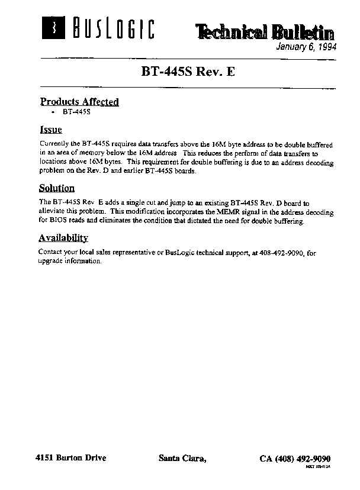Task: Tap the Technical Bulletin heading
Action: coord(265,33)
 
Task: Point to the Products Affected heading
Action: coord(79,102)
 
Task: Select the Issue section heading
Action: coord(50,130)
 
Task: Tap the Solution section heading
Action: coord(57,188)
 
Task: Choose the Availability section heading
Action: coord(63,238)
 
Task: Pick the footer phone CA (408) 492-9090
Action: coord(295,459)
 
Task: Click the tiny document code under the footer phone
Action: coord(317,467)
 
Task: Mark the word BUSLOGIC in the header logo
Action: coord(112,28)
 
